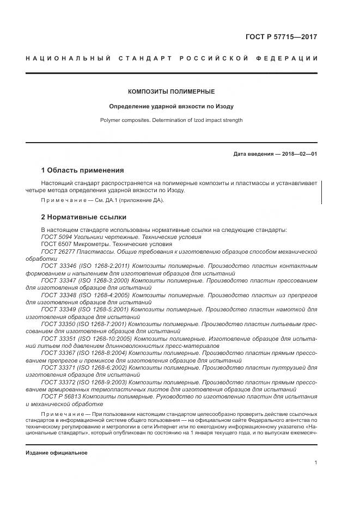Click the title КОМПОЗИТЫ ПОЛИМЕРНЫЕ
pyautogui.click(x=171, y=91)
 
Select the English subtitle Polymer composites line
pyautogui.click(x=171, y=120)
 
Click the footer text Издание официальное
pyautogui.click(x=56, y=453)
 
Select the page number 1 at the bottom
pyautogui.click(x=315, y=463)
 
